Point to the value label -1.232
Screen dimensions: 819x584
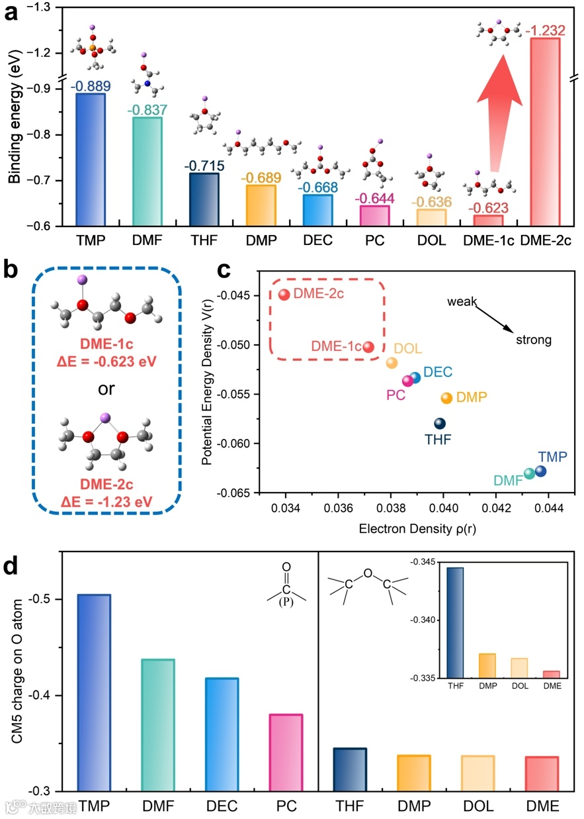pyautogui.click(x=542, y=30)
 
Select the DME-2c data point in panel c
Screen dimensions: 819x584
pyautogui.click(x=284, y=295)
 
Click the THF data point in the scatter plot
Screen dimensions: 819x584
pyautogui.click(x=440, y=424)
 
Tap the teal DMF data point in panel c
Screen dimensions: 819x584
pyautogui.click(x=529, y=473)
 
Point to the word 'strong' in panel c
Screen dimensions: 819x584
pyautogui.click(x=534, y=340)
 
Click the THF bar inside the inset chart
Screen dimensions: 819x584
pyautogui.click(x=455, y=622)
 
